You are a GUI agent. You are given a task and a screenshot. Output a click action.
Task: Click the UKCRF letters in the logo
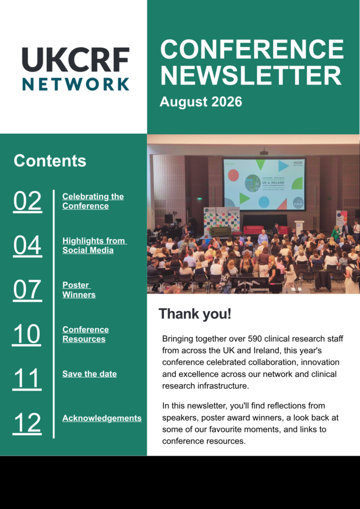point(76,60)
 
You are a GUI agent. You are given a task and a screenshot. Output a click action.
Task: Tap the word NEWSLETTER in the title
point(251,75)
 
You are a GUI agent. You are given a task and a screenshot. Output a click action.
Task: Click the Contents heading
point(50,161)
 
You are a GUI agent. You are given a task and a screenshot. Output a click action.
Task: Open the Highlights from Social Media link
point(94,246)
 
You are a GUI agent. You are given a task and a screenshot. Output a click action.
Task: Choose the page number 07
point(27,290)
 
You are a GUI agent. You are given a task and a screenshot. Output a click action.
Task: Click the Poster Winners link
point(79,290)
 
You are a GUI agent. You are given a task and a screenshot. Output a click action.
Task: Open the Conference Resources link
point(86,334)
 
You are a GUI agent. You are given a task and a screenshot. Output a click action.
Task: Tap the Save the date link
point(90,374)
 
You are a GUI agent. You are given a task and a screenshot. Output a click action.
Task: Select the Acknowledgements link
point(102,418)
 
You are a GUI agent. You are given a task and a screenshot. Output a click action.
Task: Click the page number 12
point(27,424)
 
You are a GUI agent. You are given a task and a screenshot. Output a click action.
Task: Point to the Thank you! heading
point(195,314)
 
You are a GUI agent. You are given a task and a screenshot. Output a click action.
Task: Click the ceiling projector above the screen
point(264,152)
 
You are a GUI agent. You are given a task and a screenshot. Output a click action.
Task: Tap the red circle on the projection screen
point(233,175)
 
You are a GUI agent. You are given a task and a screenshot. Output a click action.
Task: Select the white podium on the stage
point(299,227)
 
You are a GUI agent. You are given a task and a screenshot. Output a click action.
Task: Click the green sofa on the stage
point(220,231)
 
